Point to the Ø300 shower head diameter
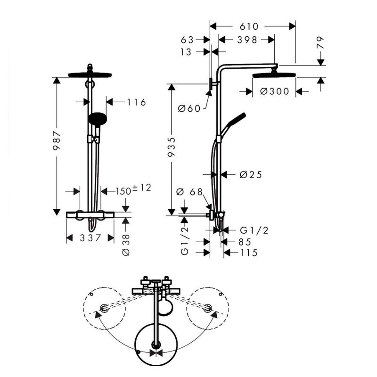point(274,91)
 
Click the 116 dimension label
point(137,102)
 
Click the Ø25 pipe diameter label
point(250,175)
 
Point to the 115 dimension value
point(248,253)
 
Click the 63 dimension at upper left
point(187,40)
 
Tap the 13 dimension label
point(187,52)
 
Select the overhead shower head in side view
point(274,75)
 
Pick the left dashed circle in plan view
point(104,309)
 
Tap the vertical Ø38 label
point(126,245)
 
